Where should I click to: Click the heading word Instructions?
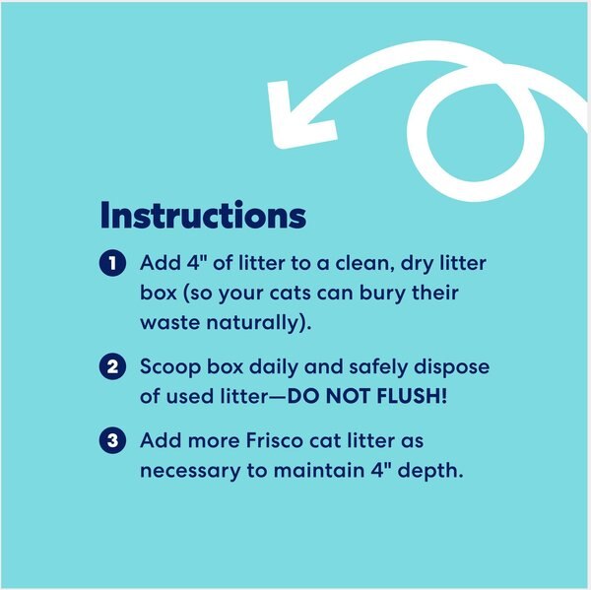(x=203, y=216)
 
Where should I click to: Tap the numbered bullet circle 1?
(x=114, y=264)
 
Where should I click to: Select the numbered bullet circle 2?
(x=114, y=367)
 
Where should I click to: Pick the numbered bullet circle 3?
(x=114, y=440)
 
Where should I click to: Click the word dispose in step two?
(x=450, y=367)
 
